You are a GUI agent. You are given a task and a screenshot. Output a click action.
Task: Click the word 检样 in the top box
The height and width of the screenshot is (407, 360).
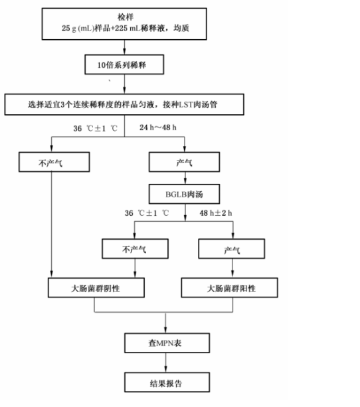pos(126,17)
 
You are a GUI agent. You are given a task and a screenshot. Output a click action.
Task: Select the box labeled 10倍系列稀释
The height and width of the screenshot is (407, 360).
pos(124,64)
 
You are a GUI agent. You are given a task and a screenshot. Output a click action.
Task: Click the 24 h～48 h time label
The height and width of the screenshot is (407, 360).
pos(158,127)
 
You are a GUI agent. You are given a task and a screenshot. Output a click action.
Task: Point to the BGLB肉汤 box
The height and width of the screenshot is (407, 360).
pos(184,194)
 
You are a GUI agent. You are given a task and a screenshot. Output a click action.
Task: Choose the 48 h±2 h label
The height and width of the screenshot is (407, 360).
pos(216,213)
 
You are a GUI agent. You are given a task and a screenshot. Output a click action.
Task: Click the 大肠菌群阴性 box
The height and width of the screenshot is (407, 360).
pos(96,287)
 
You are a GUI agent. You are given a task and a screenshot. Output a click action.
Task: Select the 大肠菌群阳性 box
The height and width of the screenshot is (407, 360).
pos(229,287)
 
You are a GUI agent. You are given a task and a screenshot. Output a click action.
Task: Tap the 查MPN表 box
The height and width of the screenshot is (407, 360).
pos(167,343)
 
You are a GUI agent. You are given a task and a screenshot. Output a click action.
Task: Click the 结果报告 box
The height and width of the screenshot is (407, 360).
pos(167,382)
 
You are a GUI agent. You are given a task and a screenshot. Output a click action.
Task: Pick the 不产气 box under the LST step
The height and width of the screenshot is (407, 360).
pos(54,162)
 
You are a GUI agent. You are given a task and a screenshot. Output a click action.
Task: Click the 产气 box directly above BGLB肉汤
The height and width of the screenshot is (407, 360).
pos(184,162)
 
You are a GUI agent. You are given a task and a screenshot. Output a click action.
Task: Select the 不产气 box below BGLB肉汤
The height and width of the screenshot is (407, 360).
pos(135,249)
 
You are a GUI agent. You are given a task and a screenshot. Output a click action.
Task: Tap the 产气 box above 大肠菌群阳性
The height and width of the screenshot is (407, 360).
pos(232,249)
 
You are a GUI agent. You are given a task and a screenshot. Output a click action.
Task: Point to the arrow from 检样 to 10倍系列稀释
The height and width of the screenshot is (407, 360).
pos(124,47)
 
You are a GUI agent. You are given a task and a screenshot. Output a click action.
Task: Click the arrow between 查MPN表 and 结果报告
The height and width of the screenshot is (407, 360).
pos(165,363)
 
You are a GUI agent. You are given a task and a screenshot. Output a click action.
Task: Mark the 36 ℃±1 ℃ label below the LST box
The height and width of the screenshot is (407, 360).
pos(96,128)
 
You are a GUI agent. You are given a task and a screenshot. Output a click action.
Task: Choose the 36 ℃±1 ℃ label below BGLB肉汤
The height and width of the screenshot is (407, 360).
pos(147,213)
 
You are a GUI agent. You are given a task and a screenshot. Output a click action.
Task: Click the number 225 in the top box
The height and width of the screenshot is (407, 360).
pos(121,28)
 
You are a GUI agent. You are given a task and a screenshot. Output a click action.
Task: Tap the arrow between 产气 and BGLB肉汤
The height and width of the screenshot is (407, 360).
pos(185,178)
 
